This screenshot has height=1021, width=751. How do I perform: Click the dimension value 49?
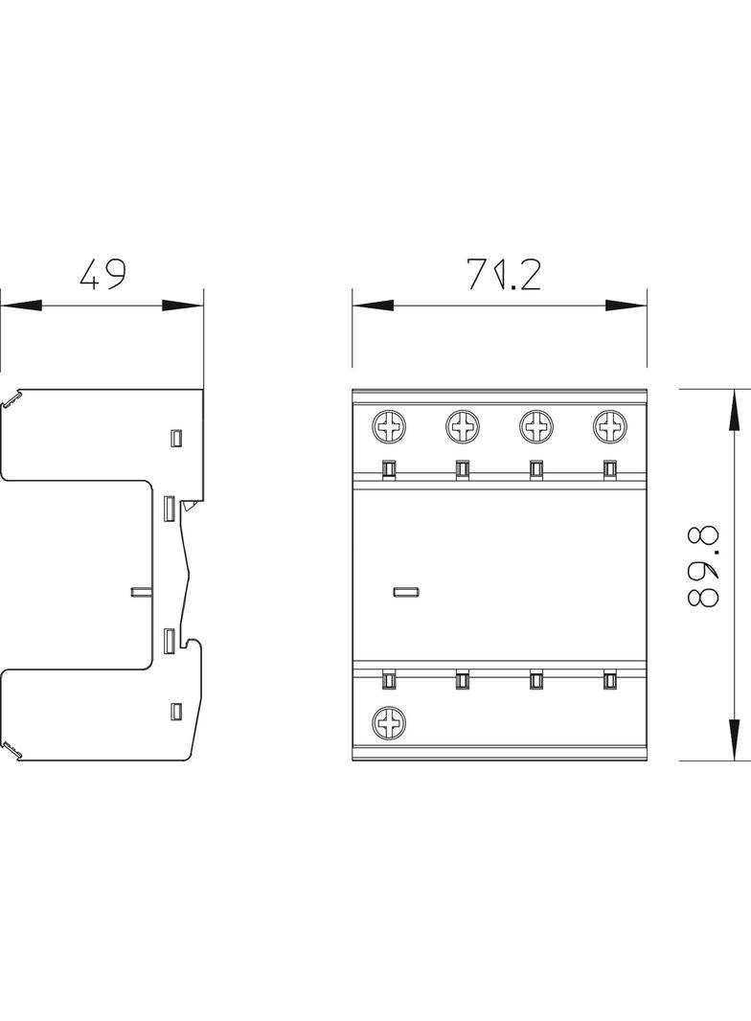tap(102, 276)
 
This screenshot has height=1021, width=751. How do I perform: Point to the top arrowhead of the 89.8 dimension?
tap(734, 411)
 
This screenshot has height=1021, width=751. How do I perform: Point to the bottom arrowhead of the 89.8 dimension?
tap(734, 738)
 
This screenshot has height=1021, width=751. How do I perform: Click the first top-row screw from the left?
tap(390, 426)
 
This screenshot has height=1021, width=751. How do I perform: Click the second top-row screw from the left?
tap(463, 426)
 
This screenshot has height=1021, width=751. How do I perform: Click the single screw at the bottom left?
tap(390, 722)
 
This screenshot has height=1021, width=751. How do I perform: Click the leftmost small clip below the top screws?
tap(389, 468)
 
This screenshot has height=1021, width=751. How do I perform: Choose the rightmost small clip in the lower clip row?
tap(608, 680)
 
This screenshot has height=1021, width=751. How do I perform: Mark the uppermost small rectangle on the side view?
tap(175, 438)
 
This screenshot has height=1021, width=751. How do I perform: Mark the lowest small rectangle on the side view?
tap(175, 711)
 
